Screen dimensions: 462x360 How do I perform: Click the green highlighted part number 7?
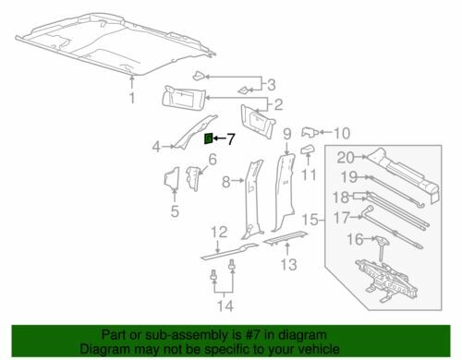click(x=209, y=138)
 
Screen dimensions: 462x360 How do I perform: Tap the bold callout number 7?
click(x=231, y=139)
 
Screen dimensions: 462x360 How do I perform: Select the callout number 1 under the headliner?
click(x=132, y=98)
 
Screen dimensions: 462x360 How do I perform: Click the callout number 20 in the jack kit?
click(x=346, y=157)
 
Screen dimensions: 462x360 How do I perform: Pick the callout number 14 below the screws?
click(x=225, y=306)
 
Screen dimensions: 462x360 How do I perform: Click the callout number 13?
click(x=288, y=264)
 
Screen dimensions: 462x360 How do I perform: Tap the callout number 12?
click(x=219, y=233)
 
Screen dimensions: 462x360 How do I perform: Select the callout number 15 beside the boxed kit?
click(x=310, y=220)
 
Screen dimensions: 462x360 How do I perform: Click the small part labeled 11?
click(x=308, y=150)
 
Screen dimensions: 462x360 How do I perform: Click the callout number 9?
click(x=287, y=134)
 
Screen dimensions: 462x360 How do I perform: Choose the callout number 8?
click(x=226, y=182)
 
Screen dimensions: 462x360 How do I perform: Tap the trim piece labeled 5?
click(x=172, y=177)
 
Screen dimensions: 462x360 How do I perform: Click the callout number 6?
click(x=213, y=160)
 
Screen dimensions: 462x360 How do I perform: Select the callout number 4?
click(x=156, y=147)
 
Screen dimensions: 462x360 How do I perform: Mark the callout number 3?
click(x=271, y=85)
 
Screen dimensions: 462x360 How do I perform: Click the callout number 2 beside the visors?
click(x=278, y=104)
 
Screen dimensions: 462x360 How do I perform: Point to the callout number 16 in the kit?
click(x=356, y=239)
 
